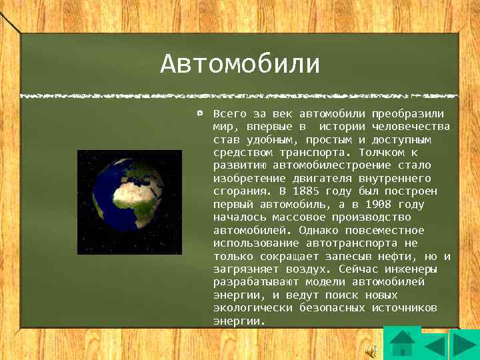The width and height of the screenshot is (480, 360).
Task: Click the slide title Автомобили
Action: (240, 65)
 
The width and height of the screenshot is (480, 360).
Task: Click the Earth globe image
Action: (129, 202)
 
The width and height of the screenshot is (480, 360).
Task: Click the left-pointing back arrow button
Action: (435, 347)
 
